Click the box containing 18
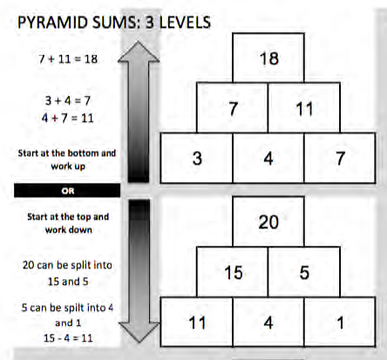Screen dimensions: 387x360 click(268, 58)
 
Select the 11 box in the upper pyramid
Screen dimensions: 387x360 click(304, 108)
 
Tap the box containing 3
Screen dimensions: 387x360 click(197, 158)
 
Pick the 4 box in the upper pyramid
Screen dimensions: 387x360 click(268, 158)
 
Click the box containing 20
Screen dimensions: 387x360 click(268, 221)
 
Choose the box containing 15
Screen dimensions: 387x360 click(233, 272)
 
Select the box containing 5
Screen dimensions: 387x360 click(304, 272)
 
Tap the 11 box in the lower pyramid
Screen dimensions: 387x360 click(197, 322)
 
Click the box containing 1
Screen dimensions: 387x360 click(340, 322)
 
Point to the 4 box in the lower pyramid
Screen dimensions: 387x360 click(268, 322)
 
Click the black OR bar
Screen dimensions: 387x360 click(67, 191)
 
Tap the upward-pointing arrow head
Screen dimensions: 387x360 click(139, 52)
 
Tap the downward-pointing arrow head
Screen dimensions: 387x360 click(139, 332)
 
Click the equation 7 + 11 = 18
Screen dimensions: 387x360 click(68, 59)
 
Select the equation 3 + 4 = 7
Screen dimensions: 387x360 click(68, 101)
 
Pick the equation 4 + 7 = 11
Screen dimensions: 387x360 click(67, 119)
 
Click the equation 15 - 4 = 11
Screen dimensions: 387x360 click(68, 338)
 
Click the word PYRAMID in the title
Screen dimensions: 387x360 click(52, 23)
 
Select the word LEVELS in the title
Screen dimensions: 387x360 click(185, 23)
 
